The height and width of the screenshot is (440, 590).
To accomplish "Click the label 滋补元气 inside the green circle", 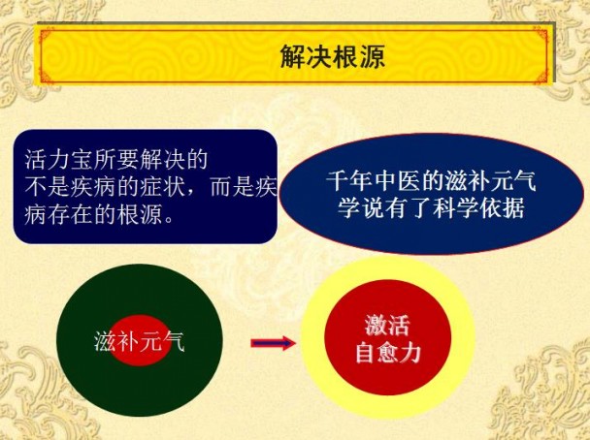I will (138, 341).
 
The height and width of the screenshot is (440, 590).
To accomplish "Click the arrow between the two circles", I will (273, 342).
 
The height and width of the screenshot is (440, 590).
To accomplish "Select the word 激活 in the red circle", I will (387, 325).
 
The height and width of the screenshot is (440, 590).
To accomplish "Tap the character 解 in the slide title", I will (293, 55).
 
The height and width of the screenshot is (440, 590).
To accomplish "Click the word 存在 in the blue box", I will (82, 211).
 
